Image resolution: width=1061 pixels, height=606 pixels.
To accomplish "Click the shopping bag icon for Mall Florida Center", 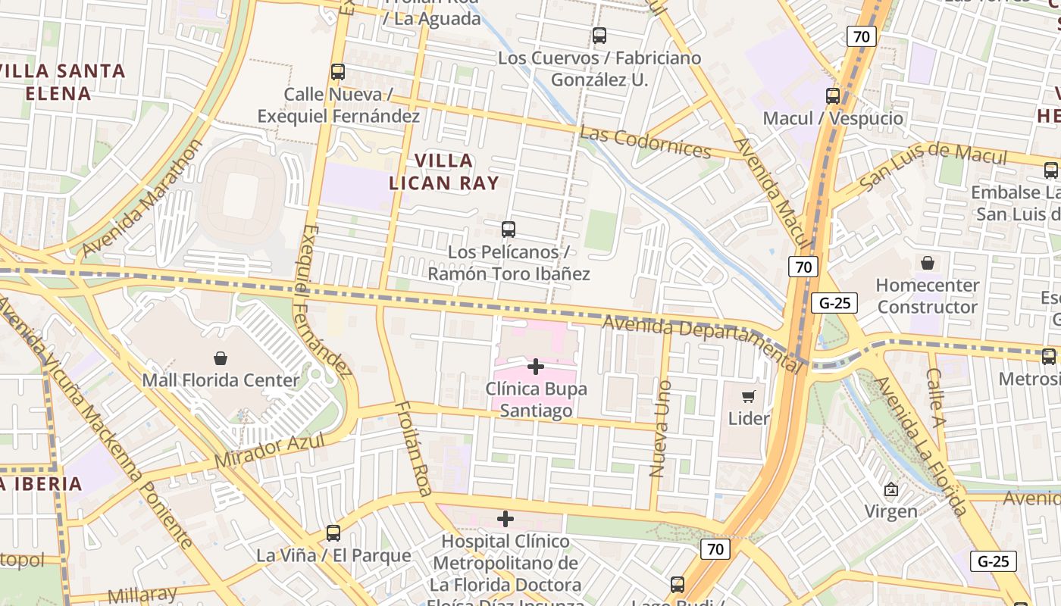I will (221, 358).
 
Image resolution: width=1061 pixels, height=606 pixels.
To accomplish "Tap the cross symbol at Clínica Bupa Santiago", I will (536, 367).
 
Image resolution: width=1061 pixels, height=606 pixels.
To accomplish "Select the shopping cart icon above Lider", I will (749, 396).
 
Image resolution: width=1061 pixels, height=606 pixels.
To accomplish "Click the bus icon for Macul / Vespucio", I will (833, 96).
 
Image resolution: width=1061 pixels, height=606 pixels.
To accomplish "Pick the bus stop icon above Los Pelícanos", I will (509, 229).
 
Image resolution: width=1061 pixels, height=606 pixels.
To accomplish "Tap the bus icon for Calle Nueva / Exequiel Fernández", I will (338, 72).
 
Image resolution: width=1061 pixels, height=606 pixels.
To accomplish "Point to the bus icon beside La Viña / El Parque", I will (333, 533).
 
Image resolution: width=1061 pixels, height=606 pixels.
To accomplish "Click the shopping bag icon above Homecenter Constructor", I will (928, 263).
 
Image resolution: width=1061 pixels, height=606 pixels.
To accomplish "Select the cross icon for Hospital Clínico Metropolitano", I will (505, 519).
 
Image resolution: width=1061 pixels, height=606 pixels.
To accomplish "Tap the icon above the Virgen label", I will (891, 489).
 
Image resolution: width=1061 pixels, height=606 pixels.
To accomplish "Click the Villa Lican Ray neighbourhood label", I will (444, 171).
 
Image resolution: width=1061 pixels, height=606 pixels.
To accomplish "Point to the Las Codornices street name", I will (645, 142).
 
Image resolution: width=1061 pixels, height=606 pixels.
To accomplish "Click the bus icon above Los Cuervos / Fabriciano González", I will (599, 35).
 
